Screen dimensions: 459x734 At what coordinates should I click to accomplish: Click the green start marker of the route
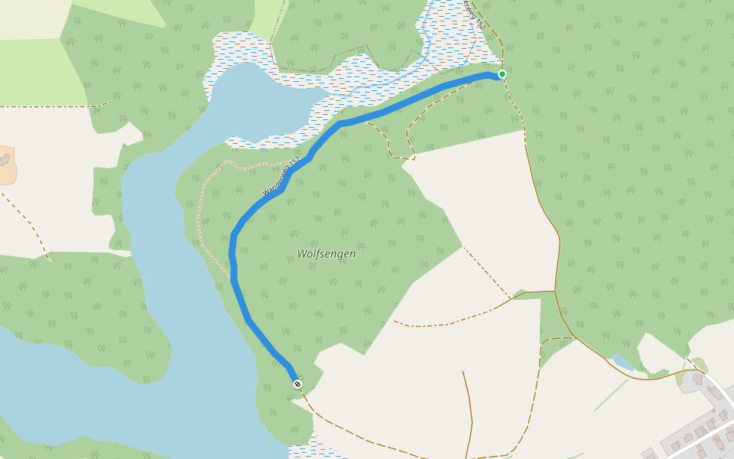pyautogui.click(x=502, y=74)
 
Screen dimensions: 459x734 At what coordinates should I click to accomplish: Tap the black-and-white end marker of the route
pyautogui.click(x=297, y=384)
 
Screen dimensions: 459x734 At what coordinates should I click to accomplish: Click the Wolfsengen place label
pyautogui.click(x=326, y=253)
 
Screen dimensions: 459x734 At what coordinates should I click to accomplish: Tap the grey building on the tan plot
pyautogui.click(x=6, y=159)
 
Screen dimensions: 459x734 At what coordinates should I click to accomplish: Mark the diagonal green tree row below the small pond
pyautogui.click(x=611, y=395)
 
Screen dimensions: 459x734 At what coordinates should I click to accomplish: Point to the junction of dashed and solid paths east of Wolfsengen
pyautogui.click(x=555, y=291)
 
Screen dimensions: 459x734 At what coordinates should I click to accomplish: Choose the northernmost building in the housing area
pyautogui.click(x=697, y=379)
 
